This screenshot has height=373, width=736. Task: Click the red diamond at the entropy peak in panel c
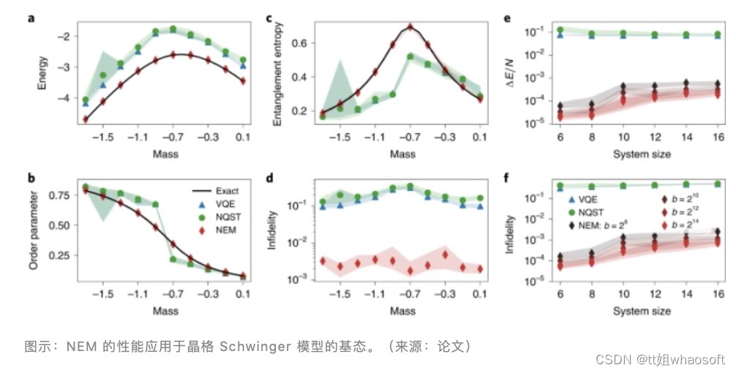[411, 28]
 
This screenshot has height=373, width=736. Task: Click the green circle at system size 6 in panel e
[560, 31]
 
